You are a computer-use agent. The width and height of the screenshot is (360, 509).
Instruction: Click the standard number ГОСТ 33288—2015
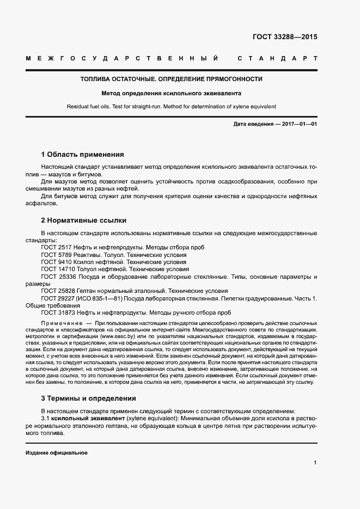pyautogui.click(x=285, y=38)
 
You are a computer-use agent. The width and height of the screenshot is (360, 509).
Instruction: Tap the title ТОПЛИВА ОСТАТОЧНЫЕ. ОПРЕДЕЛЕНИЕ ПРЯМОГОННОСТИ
pyautogui.click(x=171, y=79)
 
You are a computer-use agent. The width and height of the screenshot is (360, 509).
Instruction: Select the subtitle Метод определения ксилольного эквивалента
pyautogui.click(x=171, y=93)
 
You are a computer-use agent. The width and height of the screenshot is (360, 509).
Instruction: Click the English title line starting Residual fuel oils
pyautogui.click(x=171, y=106)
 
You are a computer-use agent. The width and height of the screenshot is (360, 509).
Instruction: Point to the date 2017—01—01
pyautogui.click(x=299, y=124)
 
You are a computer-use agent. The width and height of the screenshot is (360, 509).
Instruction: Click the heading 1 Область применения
pyautogui.click(x=83, y=154)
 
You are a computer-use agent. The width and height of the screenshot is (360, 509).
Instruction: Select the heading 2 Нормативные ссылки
pyautogui.click(x=84, y=220)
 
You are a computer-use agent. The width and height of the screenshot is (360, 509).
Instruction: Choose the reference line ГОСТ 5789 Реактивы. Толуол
pyautogui.click(x=113, y=254)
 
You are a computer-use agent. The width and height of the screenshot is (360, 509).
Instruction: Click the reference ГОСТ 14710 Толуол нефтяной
pyautogui.click(x=115, y=269)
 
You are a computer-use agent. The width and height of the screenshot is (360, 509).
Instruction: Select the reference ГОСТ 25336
pyautogui.click(x=58, y=277)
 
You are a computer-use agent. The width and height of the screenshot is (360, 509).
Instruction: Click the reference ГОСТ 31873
pyautogui.click(x=58, y=312)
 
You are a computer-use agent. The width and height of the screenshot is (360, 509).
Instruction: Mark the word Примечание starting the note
pyautogui.click(x=60, y=323)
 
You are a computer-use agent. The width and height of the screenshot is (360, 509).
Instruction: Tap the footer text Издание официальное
pyautogui.click(x=56, y=453)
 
